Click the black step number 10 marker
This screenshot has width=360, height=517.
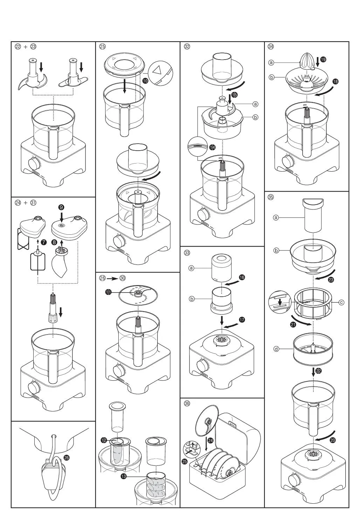pyautogui.click(x=145, y=81)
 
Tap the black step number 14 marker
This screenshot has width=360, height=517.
pyautogui.click(x=212, y=147)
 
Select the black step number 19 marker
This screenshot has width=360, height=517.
pyautogui.click(x=323, y=60)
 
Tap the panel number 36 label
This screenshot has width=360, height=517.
pyautogui.click(x=187, y=404)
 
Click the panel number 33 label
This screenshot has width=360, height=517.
pyautogui.click(x=187, y=253)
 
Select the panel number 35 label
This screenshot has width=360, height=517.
pyautogui.click(x=271, y=197)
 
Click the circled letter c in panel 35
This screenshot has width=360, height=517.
pyautogui.click(x=341, y=302)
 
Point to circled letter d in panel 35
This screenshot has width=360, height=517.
pyautogui.click(x=276, y=349)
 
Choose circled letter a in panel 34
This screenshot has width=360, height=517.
pyautogui.click(x=271, y=63)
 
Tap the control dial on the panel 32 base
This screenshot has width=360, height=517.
pyautogui.click(x=202, y=214)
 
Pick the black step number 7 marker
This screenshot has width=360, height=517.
pyautogui.click(x=43, y=242)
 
